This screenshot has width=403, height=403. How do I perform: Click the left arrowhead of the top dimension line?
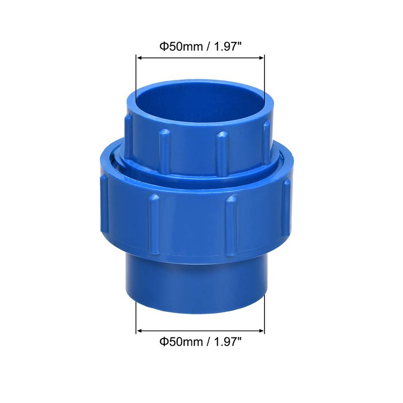coord(140,58)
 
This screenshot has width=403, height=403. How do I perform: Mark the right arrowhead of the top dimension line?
coord(262,58)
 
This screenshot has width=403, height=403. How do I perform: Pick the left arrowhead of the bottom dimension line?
coord(140,331)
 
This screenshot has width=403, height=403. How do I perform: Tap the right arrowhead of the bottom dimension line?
coord(262,331)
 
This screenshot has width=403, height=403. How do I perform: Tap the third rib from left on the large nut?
coord(231,222)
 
